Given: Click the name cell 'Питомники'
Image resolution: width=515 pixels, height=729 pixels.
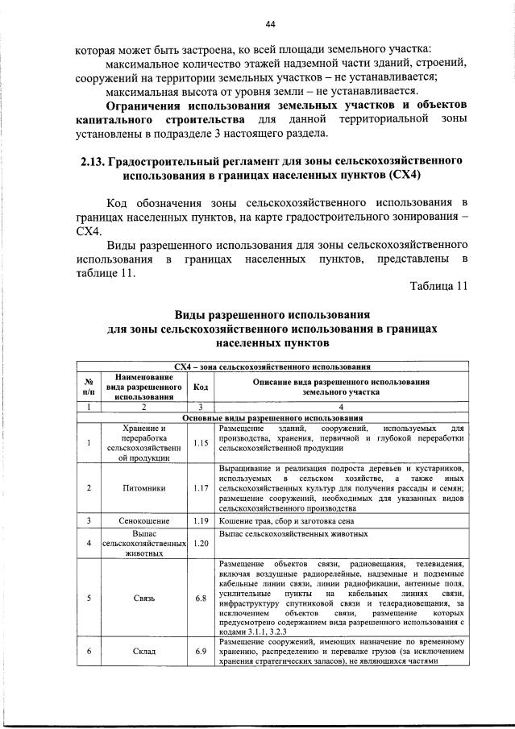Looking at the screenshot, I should click(x=144, y=488).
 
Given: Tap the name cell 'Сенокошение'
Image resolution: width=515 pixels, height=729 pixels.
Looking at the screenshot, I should click(x=144, y=520).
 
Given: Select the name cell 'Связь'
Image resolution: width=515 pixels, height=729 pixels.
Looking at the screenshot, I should click(x=144, y=599).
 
